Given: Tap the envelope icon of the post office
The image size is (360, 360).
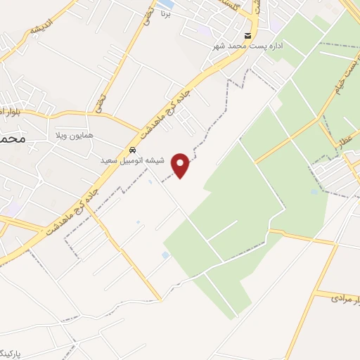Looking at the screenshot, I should tap(247, 36).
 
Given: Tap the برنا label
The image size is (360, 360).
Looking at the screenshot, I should tap(166, 13).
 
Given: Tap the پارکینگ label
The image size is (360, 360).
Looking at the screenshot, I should tap(15, 350).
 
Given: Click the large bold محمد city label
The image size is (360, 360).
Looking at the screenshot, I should tap(13, 139).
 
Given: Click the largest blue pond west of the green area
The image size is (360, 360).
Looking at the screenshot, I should tap(165, 255).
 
